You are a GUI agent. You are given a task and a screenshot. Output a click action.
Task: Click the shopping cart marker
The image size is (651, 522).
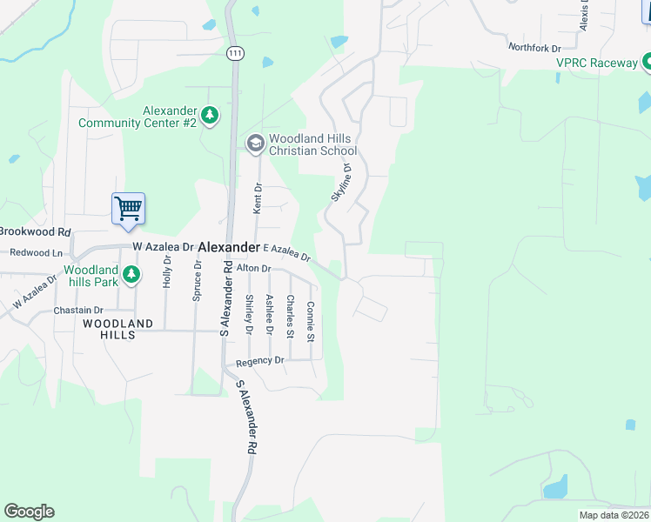[128, 209]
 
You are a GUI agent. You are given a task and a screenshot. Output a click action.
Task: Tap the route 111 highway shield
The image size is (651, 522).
[234, 54]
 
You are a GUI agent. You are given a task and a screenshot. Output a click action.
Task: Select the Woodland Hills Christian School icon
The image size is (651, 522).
[255, 144]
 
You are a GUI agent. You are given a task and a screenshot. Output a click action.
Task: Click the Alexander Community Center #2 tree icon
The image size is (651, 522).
[209, 115]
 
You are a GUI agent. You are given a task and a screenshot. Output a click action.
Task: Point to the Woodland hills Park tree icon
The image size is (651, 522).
[131, 276]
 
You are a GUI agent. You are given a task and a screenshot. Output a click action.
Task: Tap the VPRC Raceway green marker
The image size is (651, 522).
[646, 62]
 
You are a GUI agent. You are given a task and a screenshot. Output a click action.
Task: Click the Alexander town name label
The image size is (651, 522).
[229, 247]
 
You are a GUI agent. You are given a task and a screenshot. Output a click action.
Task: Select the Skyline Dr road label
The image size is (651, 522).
[340, 183]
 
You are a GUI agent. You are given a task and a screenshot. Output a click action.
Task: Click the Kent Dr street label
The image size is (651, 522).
[258, 198]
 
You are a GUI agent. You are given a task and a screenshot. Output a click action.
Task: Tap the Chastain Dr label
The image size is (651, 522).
[78, 310]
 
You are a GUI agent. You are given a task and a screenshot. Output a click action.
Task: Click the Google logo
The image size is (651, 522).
[29, 512]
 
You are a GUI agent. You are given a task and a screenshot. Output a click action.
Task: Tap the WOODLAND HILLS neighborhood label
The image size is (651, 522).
[118, 329]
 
